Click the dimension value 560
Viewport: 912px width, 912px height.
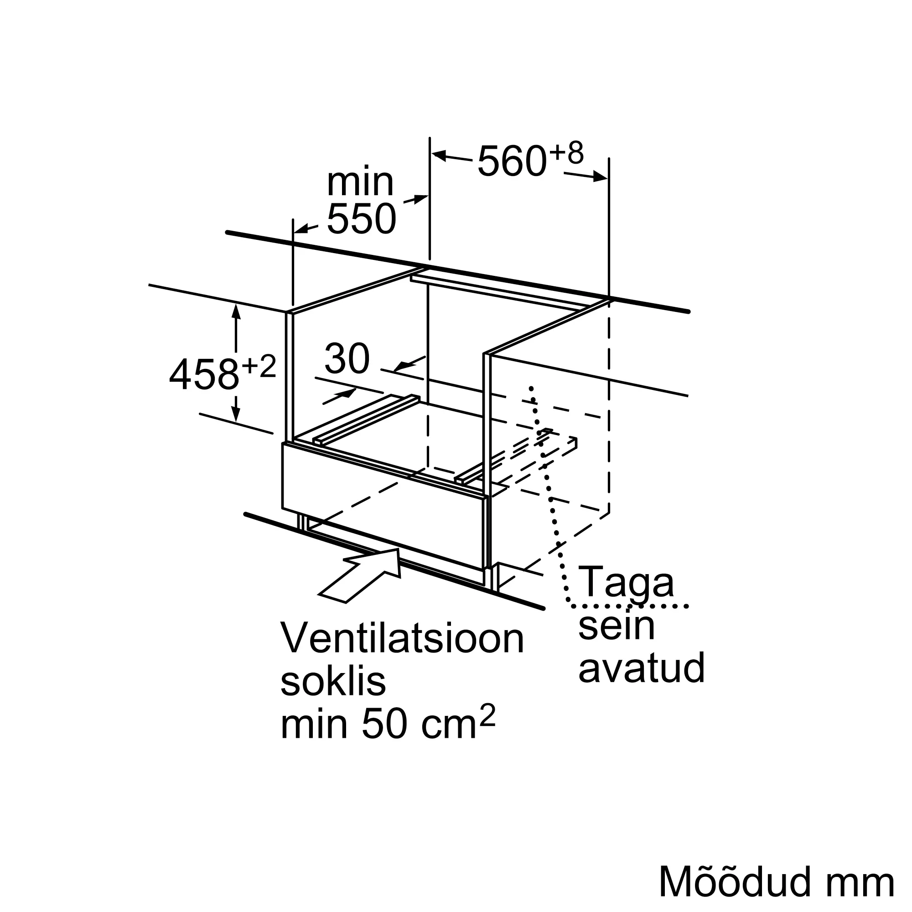click(x=512, y=162)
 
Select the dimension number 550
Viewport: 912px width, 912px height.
click(x=361, y=219)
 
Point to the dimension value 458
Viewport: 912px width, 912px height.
click(x=204, y=374)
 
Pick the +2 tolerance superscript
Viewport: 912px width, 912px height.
click(x=259, y=366)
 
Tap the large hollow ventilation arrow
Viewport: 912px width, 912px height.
click(x=363, y=574)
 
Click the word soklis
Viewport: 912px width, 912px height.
click(x=333, y=682)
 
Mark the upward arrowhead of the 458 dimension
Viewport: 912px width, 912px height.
click(x=236, y=311)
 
